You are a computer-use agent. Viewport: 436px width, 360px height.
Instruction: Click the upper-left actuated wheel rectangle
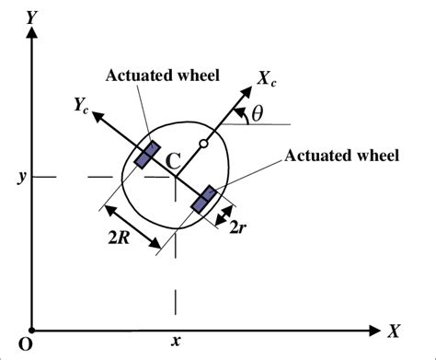click(x=145, y=155)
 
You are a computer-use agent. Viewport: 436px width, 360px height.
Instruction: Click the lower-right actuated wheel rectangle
click(x=204, y=198)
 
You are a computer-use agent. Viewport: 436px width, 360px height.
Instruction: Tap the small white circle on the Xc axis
click(x=203, y=144)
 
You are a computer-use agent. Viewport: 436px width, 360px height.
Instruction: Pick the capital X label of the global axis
click(x=394, y=330)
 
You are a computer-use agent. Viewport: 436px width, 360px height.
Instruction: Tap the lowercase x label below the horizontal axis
click(x=175, y=343)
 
